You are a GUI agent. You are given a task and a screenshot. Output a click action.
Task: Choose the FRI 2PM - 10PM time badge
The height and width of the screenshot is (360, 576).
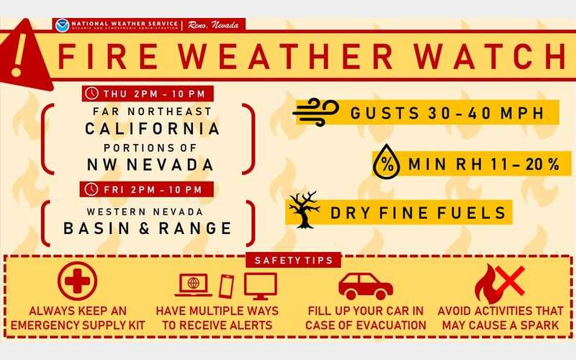[x=148, y=189]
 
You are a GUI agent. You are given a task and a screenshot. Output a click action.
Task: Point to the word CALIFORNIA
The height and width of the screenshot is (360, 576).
[x=152, y=129]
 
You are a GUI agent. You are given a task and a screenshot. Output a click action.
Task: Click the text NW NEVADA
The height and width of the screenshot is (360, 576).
[x=152, y=165]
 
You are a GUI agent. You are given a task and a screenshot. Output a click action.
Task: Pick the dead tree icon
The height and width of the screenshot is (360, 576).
[x=304, y=208]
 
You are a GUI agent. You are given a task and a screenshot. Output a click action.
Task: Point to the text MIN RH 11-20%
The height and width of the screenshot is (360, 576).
[x=482, y=165]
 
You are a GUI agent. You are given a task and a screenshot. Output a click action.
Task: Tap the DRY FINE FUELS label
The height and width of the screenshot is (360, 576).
[x=418, y=213]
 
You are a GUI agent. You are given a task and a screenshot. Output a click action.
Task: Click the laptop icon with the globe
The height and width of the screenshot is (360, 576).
[x=193, y=284]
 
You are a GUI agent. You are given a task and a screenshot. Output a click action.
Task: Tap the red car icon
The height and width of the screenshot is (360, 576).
[x=365, y=285]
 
